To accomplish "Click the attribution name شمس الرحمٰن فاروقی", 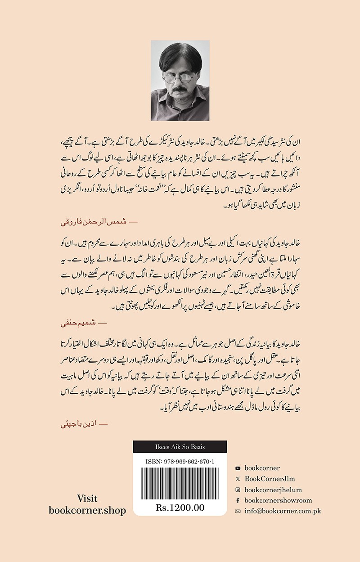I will pos(93,222).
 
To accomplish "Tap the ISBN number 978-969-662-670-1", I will pos(180,461).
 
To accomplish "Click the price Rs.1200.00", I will pos(180,508).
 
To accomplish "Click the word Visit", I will pos(87,499).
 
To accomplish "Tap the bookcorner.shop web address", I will pos(87,511).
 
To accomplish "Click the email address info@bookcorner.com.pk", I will pos(283,511).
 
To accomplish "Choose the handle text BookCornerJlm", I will pos(270,479).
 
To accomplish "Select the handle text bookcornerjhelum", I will pos(277,490).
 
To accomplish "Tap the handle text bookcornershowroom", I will pos(278,500).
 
